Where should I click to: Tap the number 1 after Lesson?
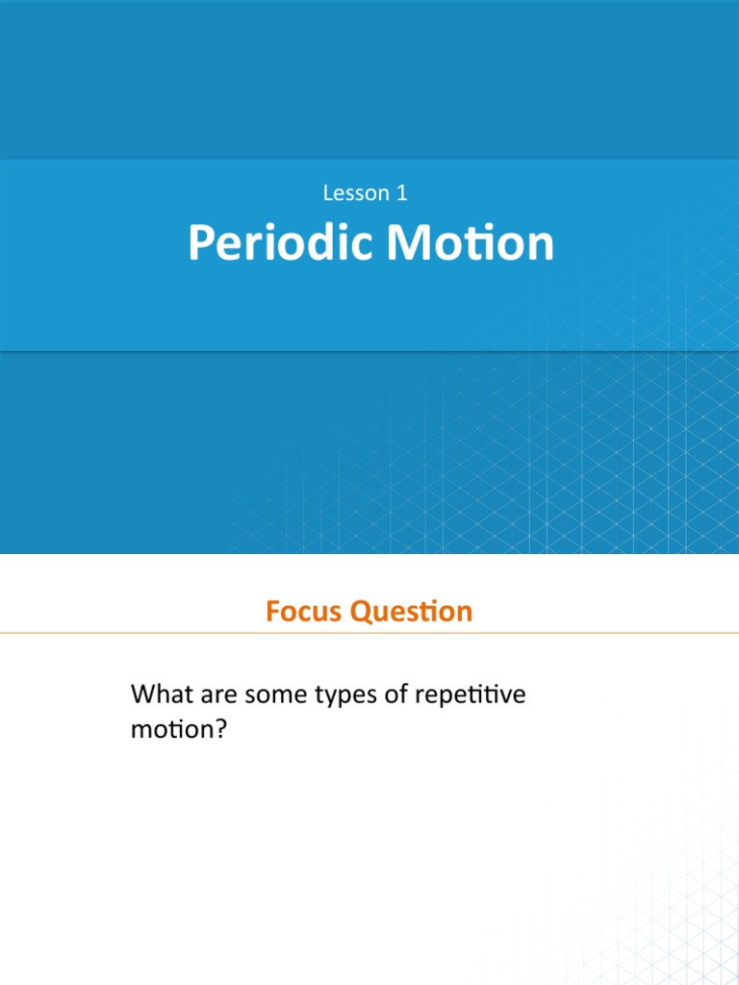click(x=401, y=192)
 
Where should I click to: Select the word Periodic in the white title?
click(x=280, y=243)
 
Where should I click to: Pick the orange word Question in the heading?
click(x=412, y=611)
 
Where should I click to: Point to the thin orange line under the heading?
click(x=369, y=633)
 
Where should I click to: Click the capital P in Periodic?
click(x=199, y=243)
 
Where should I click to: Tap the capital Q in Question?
click(x=361, y=611)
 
